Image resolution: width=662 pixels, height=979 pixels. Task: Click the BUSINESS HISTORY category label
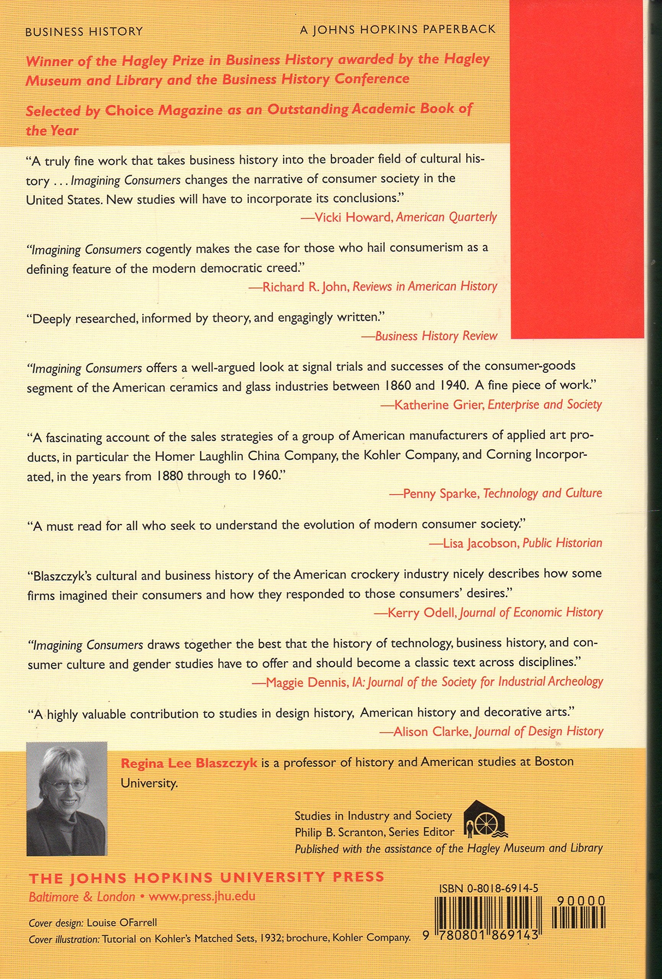(x=84, y=32)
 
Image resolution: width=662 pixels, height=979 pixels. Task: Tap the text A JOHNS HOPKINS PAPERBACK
(x=398, y=30)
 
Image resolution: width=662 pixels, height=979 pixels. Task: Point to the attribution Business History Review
(x=436, y=336)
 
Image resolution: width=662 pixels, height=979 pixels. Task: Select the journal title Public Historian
(x=562, y=543)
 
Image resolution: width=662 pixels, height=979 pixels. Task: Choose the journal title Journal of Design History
(x=538, y=731)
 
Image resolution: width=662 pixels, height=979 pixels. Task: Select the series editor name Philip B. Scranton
(x=338, y=832)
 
